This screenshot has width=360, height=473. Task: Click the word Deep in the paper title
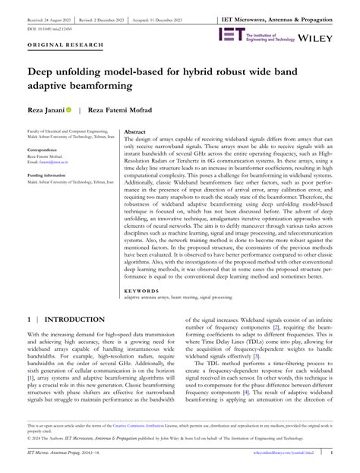[45, 73]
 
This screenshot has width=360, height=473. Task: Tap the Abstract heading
[134, 131]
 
